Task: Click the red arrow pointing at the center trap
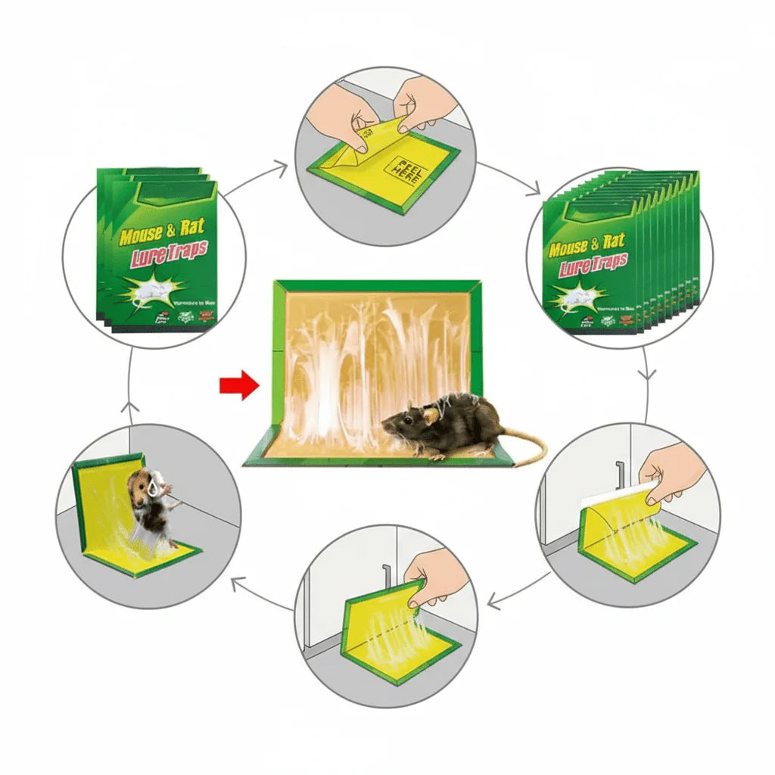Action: (238, 386)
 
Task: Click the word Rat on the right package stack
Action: (613, 242)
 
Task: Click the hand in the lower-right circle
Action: (670, 473)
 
